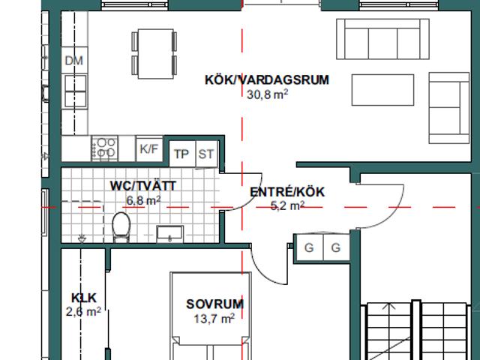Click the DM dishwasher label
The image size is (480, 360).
pyautogui.click(x=74, y=60)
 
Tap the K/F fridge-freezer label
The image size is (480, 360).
pyautogui.click(x=149, y=149)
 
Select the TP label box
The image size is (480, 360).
pyautogui.click(x=182, y=154)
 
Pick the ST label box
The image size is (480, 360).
pyautogui.click(x=206, y=154)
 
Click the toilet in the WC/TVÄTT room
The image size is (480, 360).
pyautogui.click(x=121, y=227)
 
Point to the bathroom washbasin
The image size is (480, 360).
pyautogui.click(x=170, y=234)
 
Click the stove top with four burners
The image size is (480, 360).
pyautogui.click(x=104, y=148)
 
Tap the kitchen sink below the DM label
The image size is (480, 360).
pyautogui.click(x=75, y=91)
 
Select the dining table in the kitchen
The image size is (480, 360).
pyautogui.click(x=155, y=53)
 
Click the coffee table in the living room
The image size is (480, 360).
pyautogui.click(x=382, y=90)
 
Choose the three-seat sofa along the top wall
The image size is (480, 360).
pyautogui.click(x=382, y=39)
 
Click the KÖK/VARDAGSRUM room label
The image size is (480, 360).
pyautogui.click(x=267, y=80)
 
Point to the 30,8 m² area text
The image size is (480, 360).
pyautogui.click(x=267, y=94)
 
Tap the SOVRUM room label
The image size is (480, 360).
pyautogui.click(x=215, y=304)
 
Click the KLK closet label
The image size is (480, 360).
pyautogui.click(x=83, y=298)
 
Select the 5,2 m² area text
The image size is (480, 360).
pyautogui.click(x=287, y=205)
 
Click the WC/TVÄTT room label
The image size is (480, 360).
pyautogui.click(x=143, y=186)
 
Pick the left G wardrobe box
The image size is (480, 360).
pyautogui.click(x=309, y=247)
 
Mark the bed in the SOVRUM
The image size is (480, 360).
pyautogui.click(x=211, y=316)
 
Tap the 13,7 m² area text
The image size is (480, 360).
pyautogui.click(x=214, y=319)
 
